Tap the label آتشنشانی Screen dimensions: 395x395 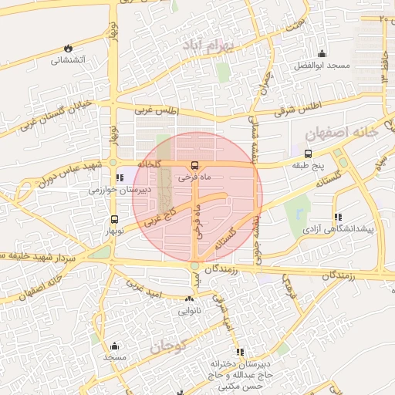coord(68,59)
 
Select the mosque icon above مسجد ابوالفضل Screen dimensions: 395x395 coord(322,54)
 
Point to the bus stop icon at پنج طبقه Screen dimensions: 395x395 coord(309,154)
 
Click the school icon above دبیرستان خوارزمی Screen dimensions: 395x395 coord(118,178)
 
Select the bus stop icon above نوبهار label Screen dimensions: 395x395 coord(114,219)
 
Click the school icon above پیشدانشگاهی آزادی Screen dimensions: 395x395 coord(337,218)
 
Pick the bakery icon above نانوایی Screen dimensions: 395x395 coord(189,300)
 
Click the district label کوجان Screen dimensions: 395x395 coord(164,346)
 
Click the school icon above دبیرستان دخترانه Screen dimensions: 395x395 coord(240,352)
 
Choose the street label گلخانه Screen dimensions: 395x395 coord(148,164)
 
